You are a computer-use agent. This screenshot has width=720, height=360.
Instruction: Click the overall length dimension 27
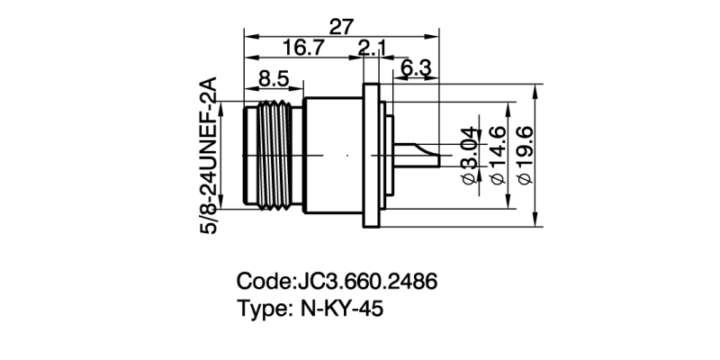click(341, 27)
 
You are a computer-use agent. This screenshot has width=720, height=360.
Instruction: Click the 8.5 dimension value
click(273, 80)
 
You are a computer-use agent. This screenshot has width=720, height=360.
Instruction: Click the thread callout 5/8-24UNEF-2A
click(209, 155)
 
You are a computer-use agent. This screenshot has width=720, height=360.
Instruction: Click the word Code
click(263, 281)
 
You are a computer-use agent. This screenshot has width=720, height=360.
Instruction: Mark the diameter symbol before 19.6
click(527, 180)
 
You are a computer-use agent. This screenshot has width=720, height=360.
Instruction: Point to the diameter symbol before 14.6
click(497, 180)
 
